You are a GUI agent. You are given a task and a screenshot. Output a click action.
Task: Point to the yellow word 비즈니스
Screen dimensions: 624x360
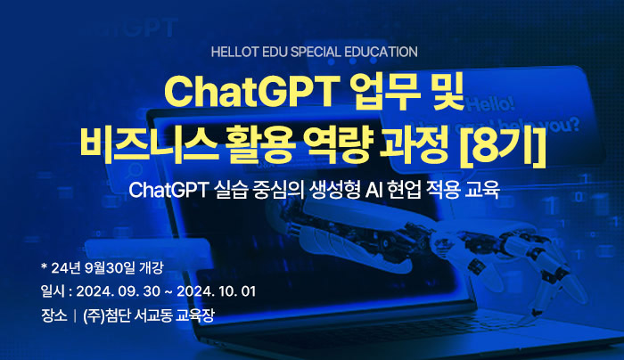149,144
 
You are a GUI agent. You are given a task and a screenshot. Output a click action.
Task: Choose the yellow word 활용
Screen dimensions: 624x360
261,144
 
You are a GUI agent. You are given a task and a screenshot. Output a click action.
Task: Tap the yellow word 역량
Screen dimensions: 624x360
338,144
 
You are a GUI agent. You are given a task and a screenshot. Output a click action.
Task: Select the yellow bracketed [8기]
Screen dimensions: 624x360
503,144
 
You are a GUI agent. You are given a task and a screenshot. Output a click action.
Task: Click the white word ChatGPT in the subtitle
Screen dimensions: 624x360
168,190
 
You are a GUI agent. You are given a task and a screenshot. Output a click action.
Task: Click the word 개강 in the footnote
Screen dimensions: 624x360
152,267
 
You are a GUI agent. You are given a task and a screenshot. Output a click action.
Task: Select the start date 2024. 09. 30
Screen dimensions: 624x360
119,291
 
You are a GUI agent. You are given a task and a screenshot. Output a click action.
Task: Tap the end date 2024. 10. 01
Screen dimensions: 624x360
216,291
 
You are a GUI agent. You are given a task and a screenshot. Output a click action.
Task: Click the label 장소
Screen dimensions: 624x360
53,315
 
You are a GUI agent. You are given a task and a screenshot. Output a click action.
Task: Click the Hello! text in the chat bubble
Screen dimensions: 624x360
491,104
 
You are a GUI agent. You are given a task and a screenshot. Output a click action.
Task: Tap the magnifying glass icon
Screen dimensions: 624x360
134,171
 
